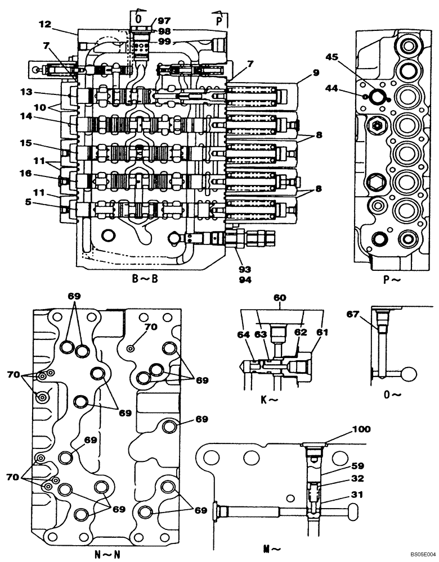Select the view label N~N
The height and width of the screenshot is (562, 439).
pyautogui.click(x=107, y=554)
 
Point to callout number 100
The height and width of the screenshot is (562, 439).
pyautogui.click(x=362, y=429)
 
